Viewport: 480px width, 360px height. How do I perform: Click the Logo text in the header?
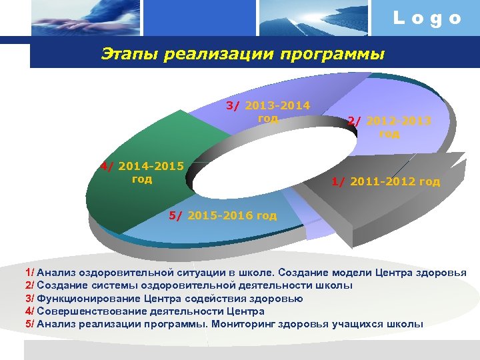coord(427,18)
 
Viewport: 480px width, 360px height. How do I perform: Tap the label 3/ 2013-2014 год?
coord(268,112)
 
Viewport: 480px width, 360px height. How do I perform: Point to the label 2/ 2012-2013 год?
coord(389,127)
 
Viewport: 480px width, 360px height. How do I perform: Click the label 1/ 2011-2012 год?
coord(386,181)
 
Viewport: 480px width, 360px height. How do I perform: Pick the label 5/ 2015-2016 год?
coord(223,215)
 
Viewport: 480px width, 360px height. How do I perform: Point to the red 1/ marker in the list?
coord(29,273)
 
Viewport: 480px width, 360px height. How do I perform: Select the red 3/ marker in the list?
coord(29,299)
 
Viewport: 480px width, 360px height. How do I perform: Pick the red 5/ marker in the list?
coord(29,324)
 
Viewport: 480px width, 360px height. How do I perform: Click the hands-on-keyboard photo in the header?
coord(87,18)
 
